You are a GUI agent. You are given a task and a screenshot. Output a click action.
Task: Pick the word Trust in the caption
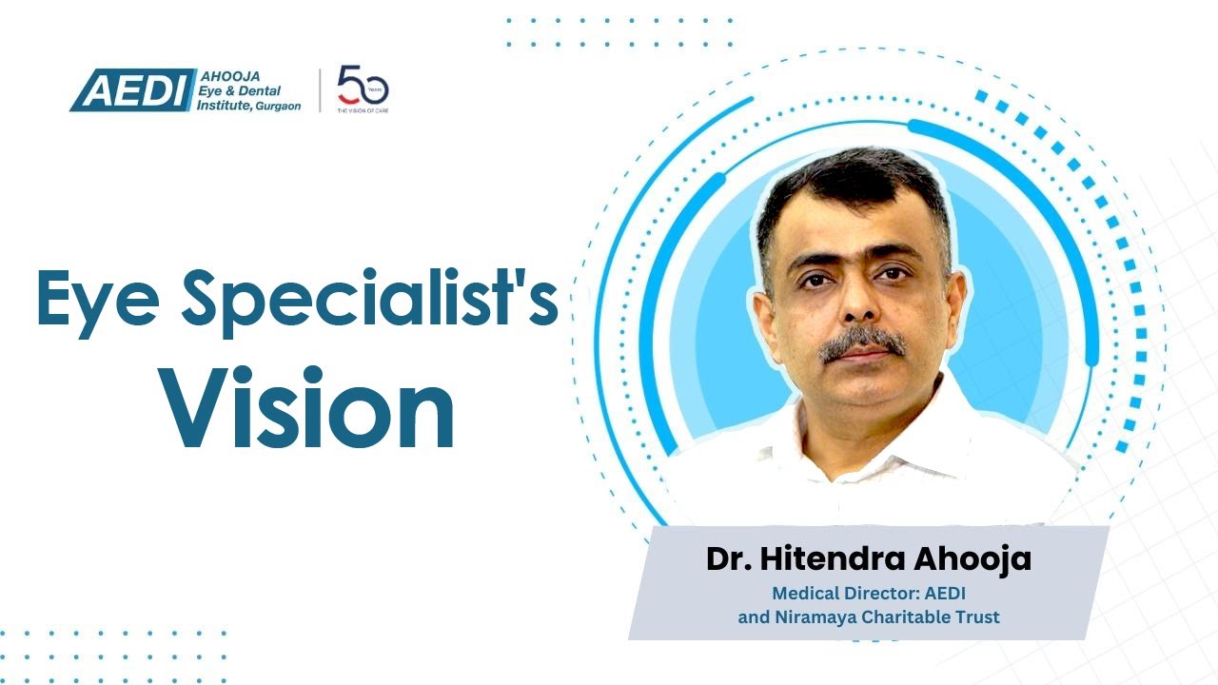978,616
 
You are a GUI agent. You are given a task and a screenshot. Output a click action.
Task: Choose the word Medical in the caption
803,593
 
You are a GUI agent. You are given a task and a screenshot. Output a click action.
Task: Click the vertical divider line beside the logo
320,90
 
